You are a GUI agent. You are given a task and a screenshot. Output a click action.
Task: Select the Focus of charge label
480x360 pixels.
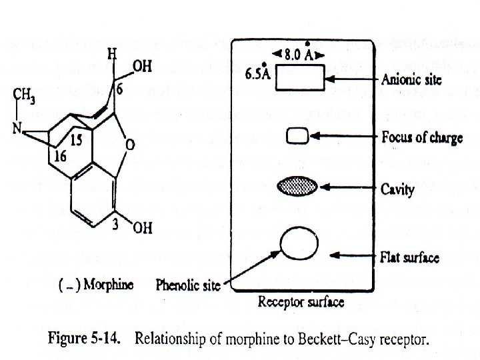422,138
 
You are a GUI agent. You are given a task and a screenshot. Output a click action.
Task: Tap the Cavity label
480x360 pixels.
398,189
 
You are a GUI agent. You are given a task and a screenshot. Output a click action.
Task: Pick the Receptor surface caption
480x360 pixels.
301,303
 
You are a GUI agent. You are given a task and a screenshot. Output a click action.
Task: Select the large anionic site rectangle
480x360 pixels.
297,80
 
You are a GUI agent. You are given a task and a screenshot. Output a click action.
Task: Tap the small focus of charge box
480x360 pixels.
297,137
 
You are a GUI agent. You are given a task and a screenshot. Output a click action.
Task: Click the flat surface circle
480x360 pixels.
298,245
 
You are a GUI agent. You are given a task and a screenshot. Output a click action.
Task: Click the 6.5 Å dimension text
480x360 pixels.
257,72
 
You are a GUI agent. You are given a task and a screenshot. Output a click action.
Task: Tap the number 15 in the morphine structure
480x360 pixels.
76,141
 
